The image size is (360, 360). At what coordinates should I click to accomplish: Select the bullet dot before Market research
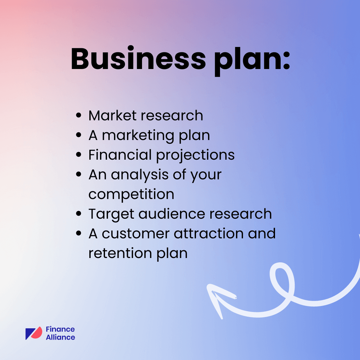pyautogui.click(x=79, y=116)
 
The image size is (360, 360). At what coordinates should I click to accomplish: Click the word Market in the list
pyautogui.click(x=112, y=116)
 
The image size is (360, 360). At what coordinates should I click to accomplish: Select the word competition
pyautogui.click(x=131, y=194)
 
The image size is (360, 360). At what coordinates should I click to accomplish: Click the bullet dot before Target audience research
pyautogui.click(x=79, y=214)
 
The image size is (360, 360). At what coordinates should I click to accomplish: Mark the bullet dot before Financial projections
pyautogui.click(x=79, y=155)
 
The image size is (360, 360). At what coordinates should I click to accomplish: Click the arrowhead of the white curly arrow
pyautogui.click(x=215, y=295)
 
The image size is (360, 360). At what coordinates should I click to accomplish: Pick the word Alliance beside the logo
pyautogui.click(x=60, y=337)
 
